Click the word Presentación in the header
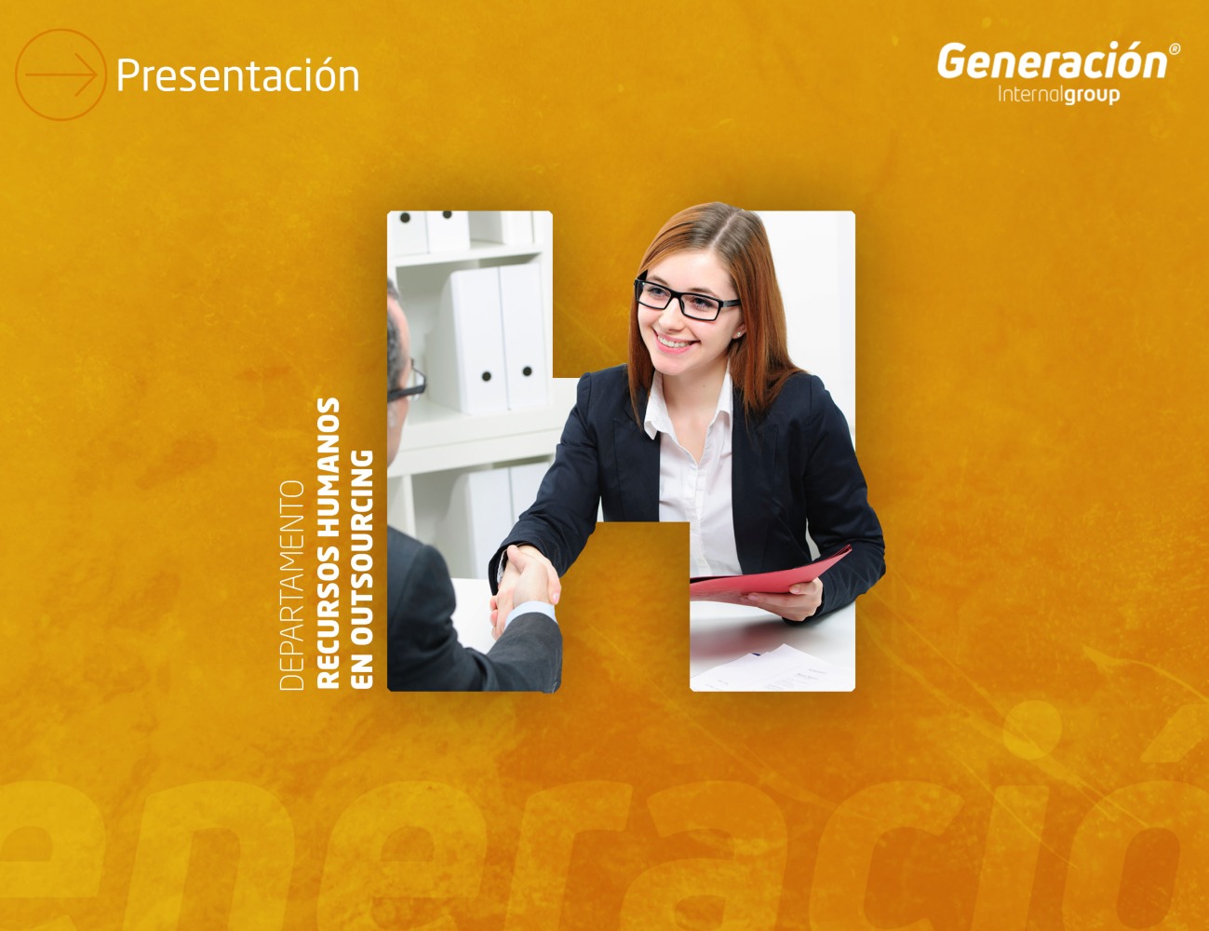tap(238, 75)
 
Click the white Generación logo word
tap(1052, 61)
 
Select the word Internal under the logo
tap(1031, 94)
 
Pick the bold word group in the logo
tap(1092, 95)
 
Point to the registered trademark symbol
tap(1175, 49)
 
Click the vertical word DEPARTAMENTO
tap(292, 586)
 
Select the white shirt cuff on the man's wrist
tap(531, 613)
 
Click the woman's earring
tap(739, 334)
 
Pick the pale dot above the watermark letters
tap(1031, 730)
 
